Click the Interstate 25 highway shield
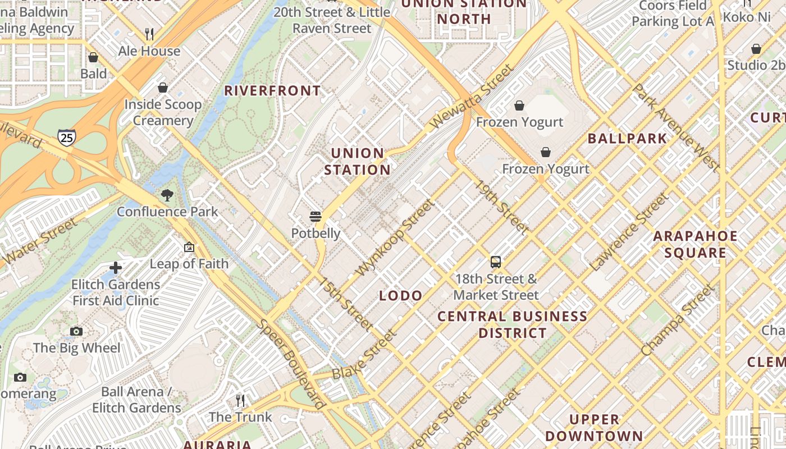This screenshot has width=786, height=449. (66, 137)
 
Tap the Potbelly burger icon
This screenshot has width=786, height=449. (316, 217)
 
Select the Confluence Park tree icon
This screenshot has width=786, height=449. (167, 195)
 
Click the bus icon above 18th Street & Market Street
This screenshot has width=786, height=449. (496, 262)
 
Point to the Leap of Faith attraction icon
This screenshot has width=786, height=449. (189, 247)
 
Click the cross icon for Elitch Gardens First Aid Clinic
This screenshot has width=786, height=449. (116, 268)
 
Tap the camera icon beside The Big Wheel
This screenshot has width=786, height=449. (76, 331)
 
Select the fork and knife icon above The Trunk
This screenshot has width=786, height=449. (240, 400)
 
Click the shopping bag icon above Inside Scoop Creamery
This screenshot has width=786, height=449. (163, 88)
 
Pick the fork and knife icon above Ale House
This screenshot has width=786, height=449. (149, 34)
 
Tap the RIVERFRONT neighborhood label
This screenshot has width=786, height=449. (273, 90)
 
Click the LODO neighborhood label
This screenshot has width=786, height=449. (401, 296)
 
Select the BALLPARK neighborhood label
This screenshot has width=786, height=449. (627, 139)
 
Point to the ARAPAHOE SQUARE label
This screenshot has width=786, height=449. (696, 244)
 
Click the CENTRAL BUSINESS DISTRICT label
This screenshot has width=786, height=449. (512, 324)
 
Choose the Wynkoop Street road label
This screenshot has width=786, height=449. (395, 238)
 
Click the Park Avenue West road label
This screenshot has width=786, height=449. (676, 128)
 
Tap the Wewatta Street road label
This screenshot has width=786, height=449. (472, 97)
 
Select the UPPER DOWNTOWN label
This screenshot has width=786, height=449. (594, 428)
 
